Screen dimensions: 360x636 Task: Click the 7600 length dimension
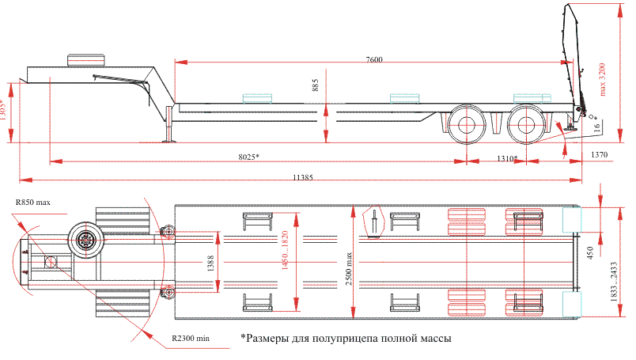point(376,60)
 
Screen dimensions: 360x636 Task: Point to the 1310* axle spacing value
point(507,158)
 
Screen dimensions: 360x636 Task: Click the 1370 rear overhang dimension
point(600,156)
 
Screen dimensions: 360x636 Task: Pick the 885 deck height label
point(316,86)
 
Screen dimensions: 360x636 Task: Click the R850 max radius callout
point(32,203)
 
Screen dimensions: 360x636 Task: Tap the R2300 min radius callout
point(191,339)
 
